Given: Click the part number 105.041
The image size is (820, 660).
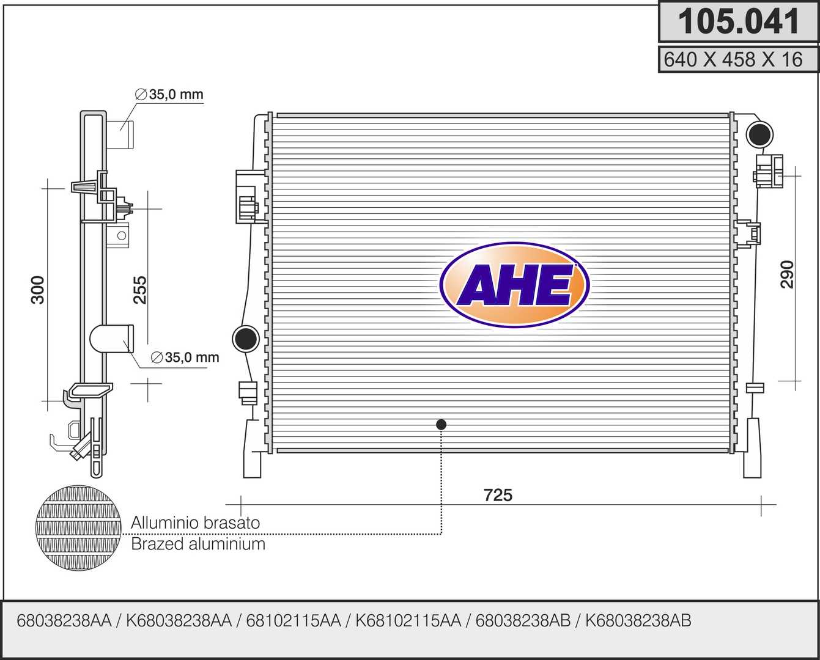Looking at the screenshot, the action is [739, 21].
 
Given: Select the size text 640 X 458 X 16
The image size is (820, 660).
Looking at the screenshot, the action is [733, 59].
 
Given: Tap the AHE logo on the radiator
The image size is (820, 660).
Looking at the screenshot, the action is [515, 285].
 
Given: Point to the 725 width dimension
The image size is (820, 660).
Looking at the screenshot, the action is [498, 495].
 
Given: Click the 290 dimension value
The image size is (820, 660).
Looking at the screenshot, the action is [787, 274].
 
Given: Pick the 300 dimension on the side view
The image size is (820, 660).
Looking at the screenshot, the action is [37, 290].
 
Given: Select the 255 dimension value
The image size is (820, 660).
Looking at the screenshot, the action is [140, 290].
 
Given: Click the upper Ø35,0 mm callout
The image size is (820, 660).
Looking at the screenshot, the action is [169, 95].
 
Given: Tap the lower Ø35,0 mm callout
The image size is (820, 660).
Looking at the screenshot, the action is [185, 358].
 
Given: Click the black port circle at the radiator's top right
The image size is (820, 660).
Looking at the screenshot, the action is [760, 134].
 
